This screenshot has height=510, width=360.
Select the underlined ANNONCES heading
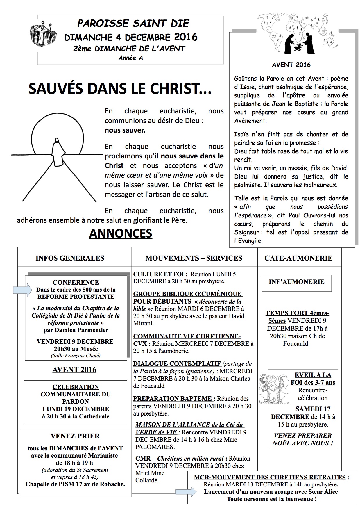point(121,233)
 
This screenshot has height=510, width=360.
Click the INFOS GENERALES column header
point(70,258)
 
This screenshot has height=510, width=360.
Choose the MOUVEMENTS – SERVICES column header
point(194,258)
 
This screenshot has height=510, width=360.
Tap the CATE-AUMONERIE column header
point(298,258)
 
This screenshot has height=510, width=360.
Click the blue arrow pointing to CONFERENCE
point(22,290)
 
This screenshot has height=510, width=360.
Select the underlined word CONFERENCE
point(76,282)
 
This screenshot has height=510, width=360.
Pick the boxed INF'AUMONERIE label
point(297,282)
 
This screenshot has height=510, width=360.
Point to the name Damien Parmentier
point(76,330)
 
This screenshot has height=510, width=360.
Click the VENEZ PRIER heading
point(75,436)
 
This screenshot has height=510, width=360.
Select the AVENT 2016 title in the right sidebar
point(291,65)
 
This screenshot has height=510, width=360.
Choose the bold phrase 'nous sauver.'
point(125,130)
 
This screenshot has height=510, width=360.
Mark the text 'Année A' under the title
point(130,58)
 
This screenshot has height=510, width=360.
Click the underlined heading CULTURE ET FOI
point(159,274)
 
